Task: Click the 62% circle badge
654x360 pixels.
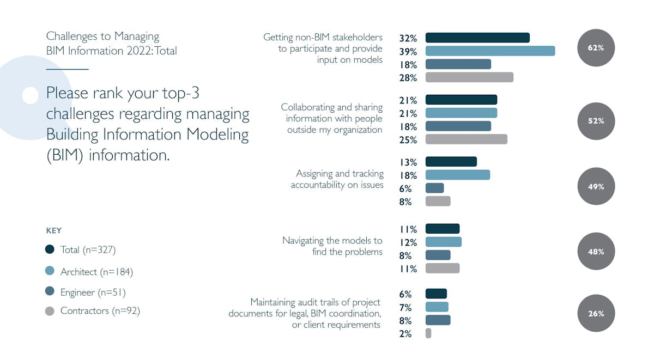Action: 596,48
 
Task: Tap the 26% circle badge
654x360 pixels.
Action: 596,314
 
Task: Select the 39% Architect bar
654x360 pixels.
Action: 490,51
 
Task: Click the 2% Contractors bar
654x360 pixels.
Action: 428,333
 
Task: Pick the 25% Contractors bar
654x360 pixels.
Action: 466,139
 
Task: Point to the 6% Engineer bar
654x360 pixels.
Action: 434,188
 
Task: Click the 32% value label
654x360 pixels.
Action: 408,38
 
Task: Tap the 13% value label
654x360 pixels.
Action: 408,162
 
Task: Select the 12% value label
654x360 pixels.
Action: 408,242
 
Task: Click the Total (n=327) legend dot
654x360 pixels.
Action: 50,249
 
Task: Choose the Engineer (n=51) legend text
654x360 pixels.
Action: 93,292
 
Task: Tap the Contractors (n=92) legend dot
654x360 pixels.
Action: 50,312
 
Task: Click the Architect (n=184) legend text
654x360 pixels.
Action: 96,271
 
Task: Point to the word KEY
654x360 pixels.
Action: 53,230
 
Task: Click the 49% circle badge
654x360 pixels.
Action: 596,186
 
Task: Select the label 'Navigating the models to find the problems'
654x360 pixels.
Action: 332,246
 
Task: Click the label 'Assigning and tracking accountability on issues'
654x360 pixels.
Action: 337,179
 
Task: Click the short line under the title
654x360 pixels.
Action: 67,69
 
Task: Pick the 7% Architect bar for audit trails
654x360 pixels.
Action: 437,307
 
